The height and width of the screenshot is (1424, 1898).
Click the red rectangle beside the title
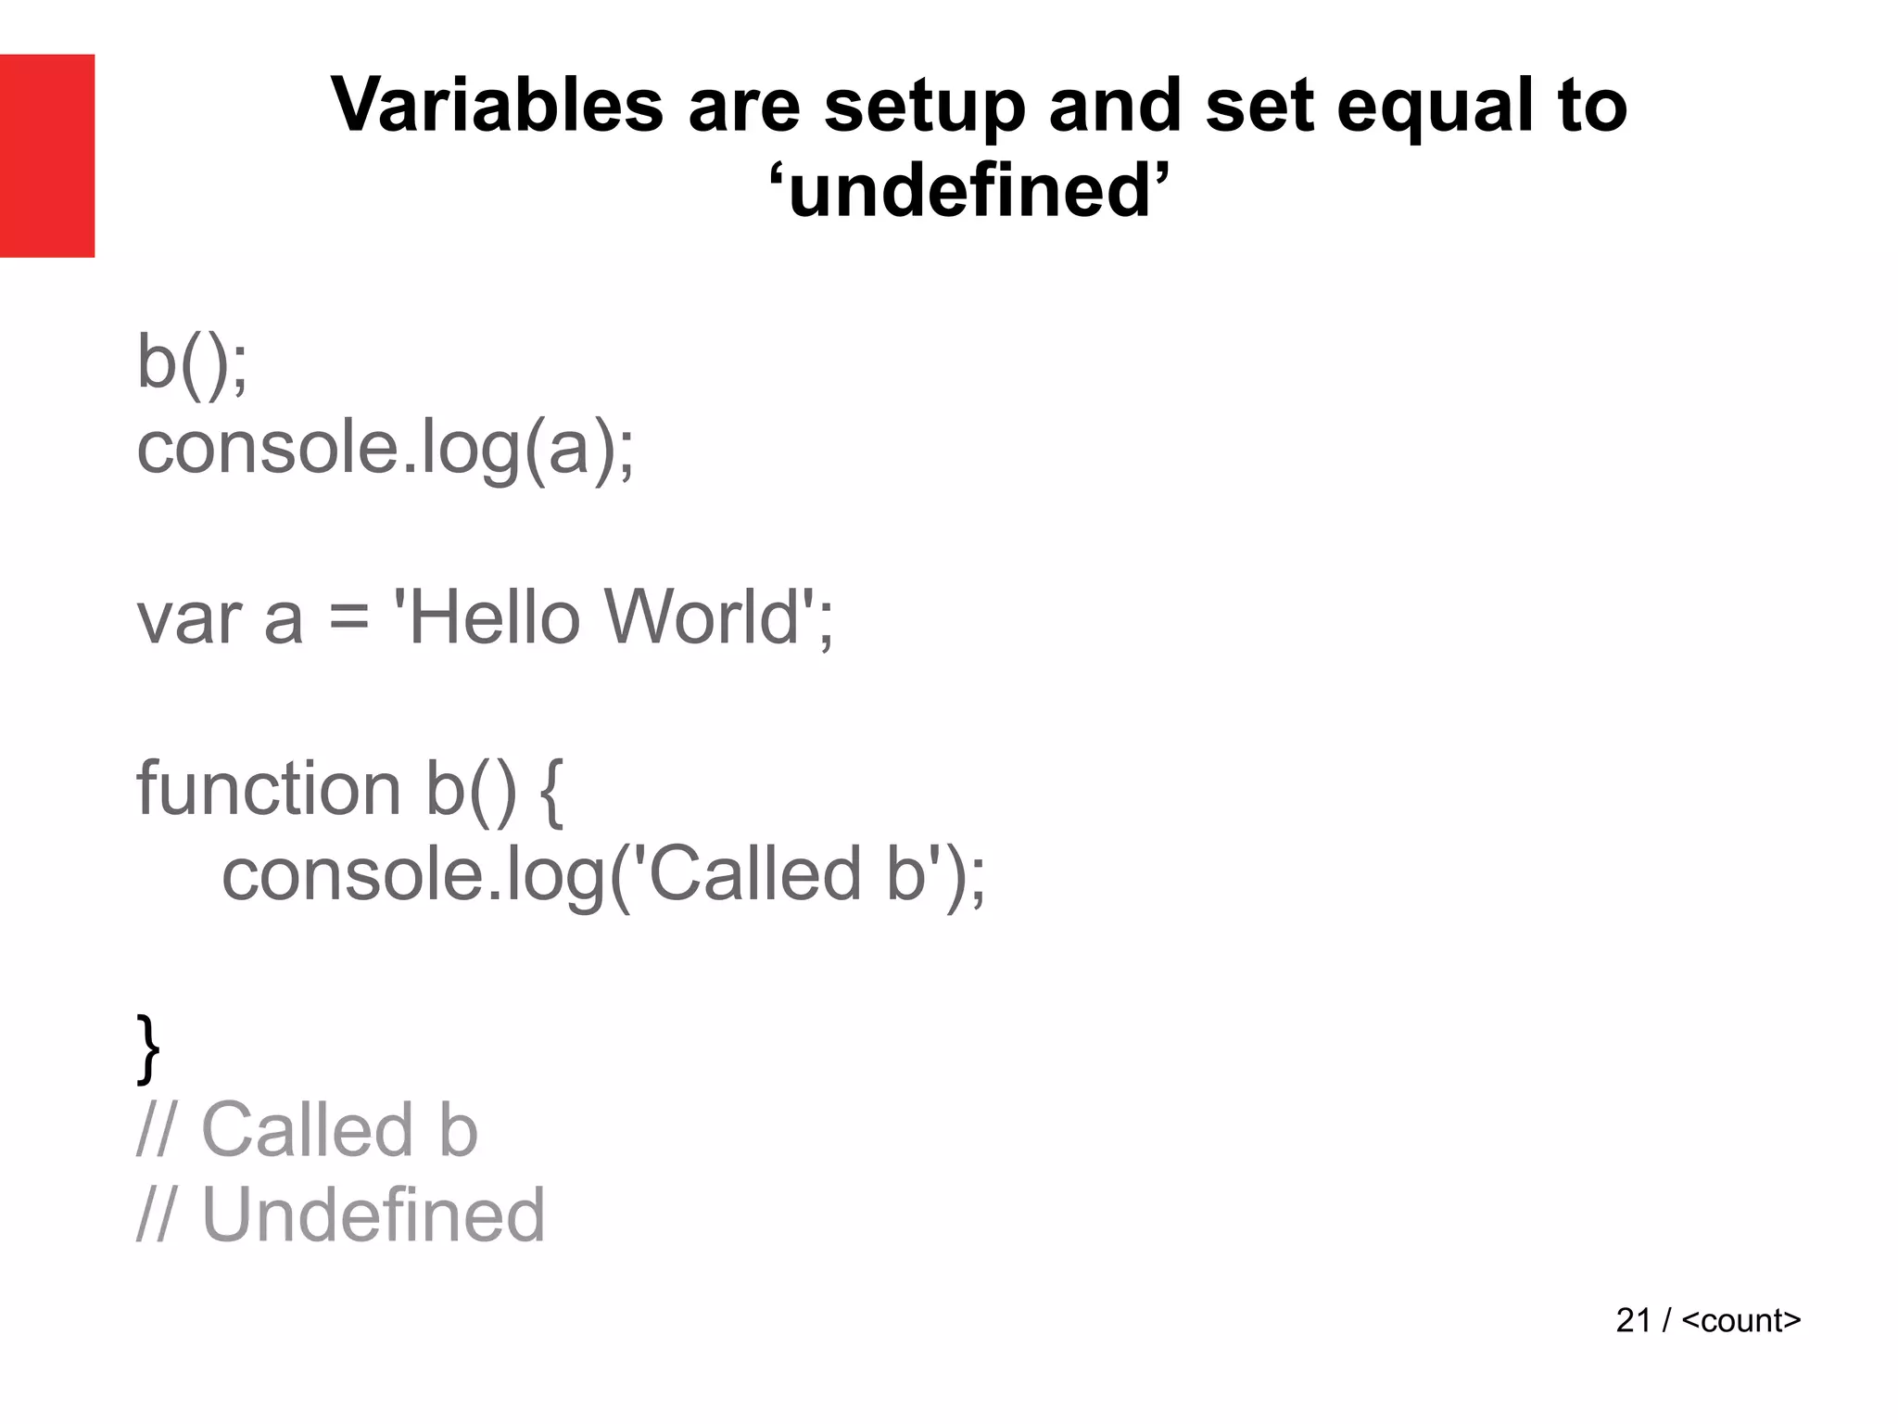tap(47, 156)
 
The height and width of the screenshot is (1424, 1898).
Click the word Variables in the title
tap(497, 105)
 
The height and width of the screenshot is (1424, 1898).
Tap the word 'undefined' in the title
tap(969, 191)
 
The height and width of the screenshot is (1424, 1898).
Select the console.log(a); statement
tap(386, 449)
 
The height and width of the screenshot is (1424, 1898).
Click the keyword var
tap(189, 618)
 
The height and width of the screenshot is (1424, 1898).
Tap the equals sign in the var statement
tap(348, 618)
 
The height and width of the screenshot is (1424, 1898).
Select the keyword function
tap(268, 789)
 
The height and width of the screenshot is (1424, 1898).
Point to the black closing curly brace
tap(148, 1049)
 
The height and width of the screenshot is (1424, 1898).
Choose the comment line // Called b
tap(307, 1130)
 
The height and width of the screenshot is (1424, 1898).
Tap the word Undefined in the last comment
tap(373, 1214)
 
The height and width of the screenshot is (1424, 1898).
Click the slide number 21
tap(1633, 1320)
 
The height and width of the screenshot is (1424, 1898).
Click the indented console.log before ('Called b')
tap(413, 875)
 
